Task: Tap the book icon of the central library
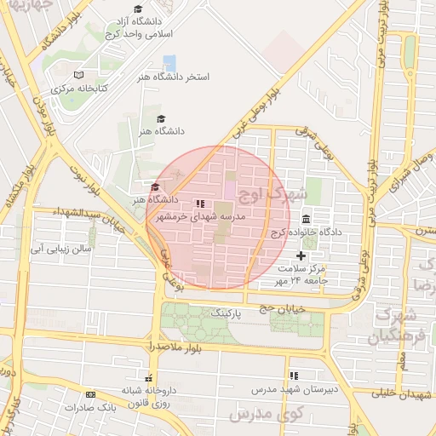click(x=79, y=76)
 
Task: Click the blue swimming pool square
click(x=169, y=62)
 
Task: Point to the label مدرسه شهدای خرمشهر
click(x=200, y=217)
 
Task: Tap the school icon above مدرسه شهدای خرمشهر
click(x=200, y=204)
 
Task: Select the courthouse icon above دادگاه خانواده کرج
click(x=306, y=220)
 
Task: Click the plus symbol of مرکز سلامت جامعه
click(x=300, y=255)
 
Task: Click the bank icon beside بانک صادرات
click(x=90, y=394)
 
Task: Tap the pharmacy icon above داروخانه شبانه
click(x=149, y=377)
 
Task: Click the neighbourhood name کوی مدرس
click(x=261, y=413)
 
